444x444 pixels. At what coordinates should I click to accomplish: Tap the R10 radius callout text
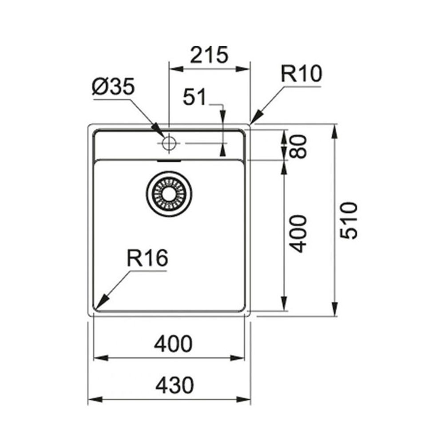301,74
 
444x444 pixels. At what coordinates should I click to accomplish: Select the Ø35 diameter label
113,87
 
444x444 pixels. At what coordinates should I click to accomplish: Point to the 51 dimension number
194,97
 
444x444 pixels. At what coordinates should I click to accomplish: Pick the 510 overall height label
349,221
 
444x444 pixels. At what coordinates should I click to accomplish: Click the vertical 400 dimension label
299,234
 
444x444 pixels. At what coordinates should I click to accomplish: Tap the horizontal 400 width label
173,344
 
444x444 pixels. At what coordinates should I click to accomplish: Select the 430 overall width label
174,385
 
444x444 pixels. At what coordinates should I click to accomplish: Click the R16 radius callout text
147,258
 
